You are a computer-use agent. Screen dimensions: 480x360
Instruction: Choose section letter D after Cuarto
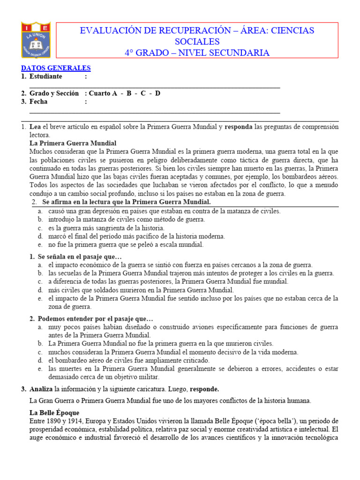[158, 93]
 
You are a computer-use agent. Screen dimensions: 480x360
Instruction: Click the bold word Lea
[35, 127]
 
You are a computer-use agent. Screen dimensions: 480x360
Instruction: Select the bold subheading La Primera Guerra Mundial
[73, 143]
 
